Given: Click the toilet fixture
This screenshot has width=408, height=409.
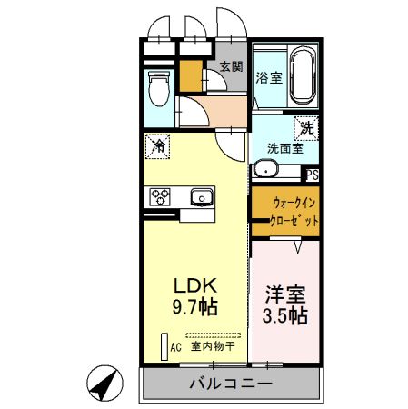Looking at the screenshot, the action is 159,88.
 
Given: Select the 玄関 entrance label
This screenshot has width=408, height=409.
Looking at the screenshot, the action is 232,66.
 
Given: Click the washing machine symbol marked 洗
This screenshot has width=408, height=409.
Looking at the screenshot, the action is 306,128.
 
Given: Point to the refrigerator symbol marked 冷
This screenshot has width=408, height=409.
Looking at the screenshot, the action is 157,146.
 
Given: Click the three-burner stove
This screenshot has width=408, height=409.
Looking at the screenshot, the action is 160,196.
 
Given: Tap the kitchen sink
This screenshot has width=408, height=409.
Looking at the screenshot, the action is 202,197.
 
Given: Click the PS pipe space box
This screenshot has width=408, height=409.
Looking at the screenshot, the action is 313,175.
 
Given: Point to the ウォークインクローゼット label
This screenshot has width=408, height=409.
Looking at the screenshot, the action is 294,212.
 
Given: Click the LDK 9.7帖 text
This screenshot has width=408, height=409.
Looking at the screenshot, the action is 195,296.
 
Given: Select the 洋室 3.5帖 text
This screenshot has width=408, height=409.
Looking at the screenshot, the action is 285,304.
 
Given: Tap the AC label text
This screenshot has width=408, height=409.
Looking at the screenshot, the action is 175,347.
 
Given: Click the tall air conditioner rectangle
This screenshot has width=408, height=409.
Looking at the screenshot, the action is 164,347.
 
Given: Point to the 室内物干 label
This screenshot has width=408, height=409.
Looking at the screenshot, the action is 213,346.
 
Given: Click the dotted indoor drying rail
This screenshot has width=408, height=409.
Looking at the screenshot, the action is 214,335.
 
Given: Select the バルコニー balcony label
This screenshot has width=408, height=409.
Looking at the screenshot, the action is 231,384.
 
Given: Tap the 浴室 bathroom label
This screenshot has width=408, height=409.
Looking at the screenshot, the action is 269,78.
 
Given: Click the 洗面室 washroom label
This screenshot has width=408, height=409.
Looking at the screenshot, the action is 285,148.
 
